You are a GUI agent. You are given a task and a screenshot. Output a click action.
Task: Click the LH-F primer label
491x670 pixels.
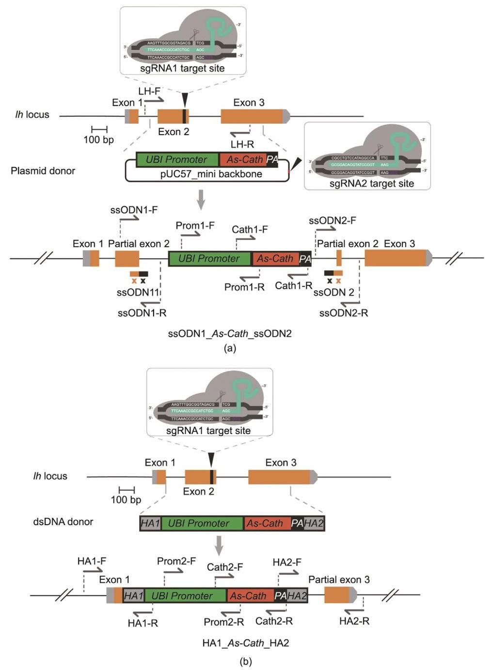point(149,91)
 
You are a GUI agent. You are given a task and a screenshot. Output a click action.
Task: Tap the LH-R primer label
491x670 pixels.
point(242,144)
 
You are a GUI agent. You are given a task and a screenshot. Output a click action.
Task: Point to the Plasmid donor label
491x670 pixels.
point(43,171)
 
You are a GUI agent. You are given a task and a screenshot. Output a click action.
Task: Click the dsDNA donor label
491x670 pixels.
point(63,522)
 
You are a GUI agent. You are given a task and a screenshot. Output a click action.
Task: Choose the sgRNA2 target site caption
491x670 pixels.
point(372,183)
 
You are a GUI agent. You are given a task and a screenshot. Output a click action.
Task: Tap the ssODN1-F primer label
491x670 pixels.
point(134,210)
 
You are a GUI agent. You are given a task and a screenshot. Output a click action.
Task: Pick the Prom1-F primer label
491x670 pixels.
point(195,225)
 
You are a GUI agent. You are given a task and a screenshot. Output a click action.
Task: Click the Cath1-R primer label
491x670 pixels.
point(293,285)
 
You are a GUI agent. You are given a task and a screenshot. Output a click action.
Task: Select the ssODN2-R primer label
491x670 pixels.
point(344,313)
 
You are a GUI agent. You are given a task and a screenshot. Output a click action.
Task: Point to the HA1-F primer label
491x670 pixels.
point(92,561)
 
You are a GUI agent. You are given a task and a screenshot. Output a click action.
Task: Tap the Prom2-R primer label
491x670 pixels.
point(223,622)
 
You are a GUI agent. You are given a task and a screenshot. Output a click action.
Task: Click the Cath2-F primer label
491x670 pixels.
point(225,567)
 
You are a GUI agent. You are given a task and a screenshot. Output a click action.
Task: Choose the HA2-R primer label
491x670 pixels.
point(354,621)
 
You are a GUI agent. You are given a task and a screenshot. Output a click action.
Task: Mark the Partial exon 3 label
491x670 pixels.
point(339,579)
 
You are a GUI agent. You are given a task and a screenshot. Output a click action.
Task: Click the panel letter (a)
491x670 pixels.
point(230,348)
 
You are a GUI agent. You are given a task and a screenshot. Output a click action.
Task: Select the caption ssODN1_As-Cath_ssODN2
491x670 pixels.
point(230,333)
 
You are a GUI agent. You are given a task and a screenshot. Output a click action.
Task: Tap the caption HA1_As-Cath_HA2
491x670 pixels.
point(245,643)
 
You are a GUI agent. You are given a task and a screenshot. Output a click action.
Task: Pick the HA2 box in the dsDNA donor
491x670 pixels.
point(314,523)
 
